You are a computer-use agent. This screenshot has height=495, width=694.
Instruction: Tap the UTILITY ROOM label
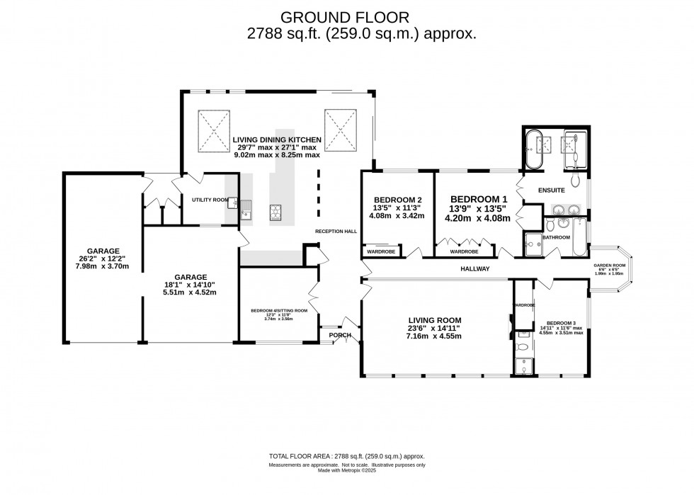(x=210, y=200)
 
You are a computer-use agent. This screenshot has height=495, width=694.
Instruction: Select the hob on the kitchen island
(x=274, y=211)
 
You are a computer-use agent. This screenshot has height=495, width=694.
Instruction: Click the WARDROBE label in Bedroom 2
(x=382, y=251)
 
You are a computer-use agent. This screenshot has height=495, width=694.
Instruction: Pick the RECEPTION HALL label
(x=336, y=232)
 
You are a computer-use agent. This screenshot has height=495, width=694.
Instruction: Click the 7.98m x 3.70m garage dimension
(x=103, y=266)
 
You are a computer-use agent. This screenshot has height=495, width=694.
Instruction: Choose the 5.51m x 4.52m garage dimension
(x=190, y=291)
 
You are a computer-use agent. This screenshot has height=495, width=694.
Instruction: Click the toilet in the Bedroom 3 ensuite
(x=523, y=347)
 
